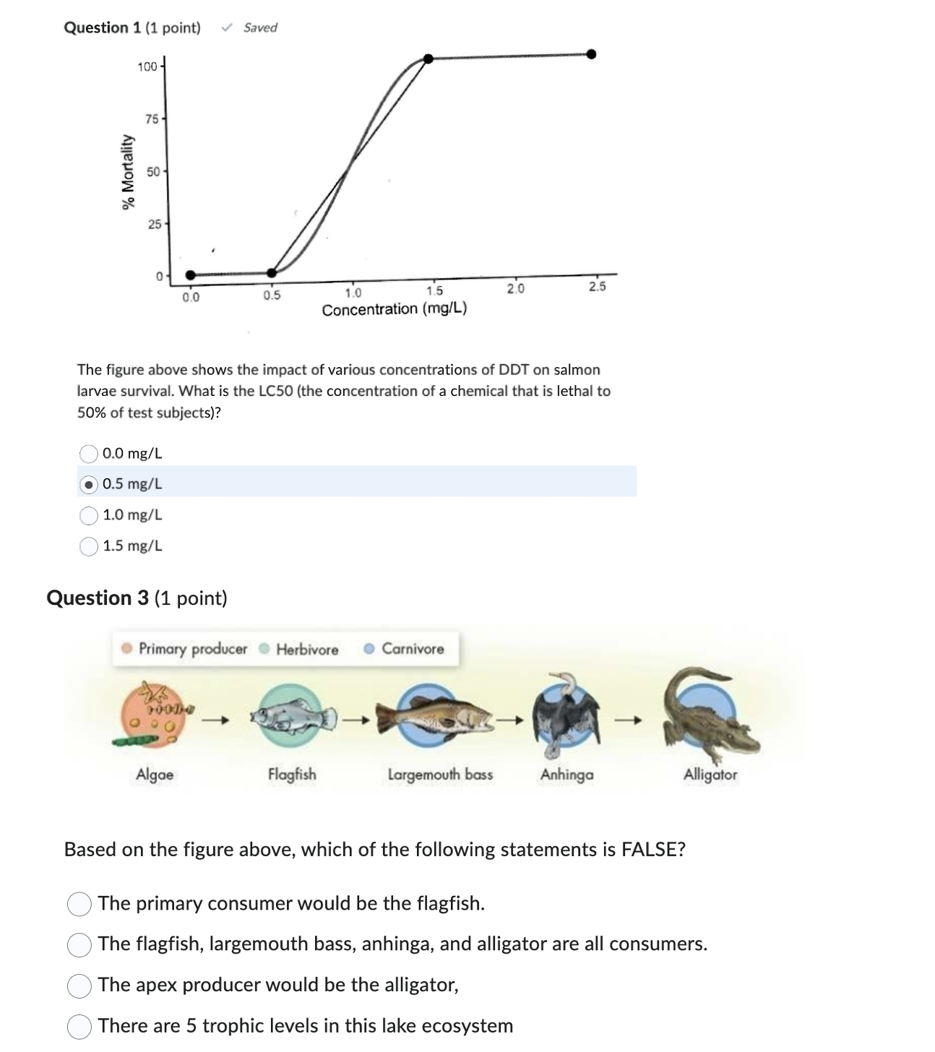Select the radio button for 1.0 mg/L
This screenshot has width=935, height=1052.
pyautogui.click(x=89, y=515)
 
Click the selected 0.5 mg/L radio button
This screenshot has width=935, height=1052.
pyautogui.click(x=89, y=485)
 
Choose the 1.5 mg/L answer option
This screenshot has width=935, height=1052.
pyautogui.click(x=89, y=546)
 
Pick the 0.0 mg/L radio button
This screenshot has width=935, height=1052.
pyautogui.click(x=89, y=454)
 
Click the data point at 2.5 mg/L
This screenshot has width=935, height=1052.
pyautogui.click(x=591, y=54)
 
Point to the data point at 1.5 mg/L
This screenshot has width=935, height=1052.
pyautogui.click(x=428, y=59)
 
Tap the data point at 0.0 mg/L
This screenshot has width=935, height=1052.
pyautogui.click(x=190, y=275)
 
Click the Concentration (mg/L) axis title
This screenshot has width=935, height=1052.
pyautogui.click(x=395, y=309)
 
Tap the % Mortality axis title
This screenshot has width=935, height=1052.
pyautogui.click(x=129, y=172)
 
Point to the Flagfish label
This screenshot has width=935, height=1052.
pyautogui.click(x=292, y=775)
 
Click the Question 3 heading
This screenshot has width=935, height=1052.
pyautogui.click(x=137, y=598)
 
